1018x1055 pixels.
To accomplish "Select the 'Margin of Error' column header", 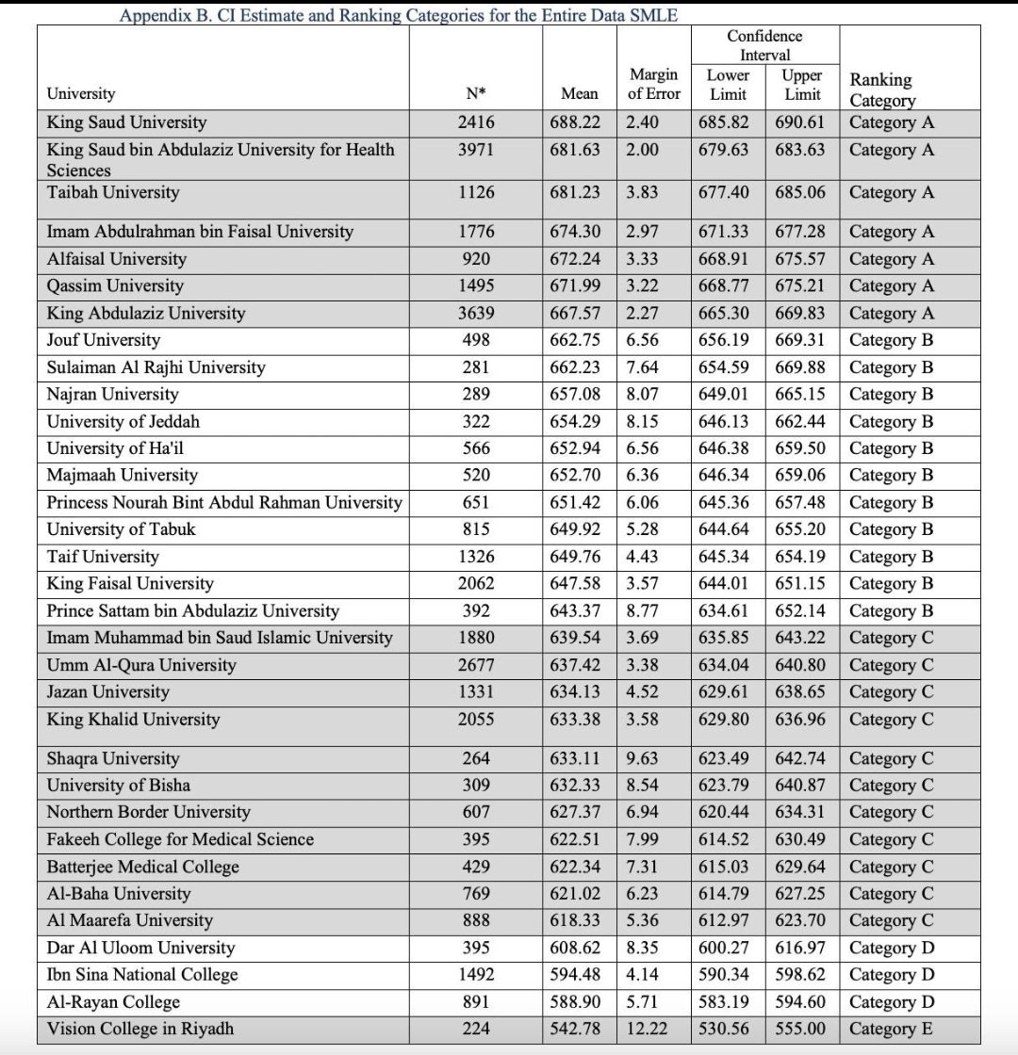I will (654, 84).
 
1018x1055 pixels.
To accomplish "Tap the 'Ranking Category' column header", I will (882, 89).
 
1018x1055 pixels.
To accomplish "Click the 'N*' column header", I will (476, 93).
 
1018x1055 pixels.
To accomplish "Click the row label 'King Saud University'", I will (127, 122).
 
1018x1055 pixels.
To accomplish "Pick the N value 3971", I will (476, 150).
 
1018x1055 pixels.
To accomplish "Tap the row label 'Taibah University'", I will (113, 192).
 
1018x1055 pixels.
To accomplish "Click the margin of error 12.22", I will (647, 1030).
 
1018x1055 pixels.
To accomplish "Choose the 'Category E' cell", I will (892, 1030).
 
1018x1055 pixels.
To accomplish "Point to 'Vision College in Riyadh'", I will (140, 1030).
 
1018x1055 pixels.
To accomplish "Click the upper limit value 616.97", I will (800, 948).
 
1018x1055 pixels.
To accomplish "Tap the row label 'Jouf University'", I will (104, 340).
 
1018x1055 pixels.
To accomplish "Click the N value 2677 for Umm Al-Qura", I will (476, 666).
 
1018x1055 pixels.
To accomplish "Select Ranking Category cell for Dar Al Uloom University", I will (892, 948).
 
